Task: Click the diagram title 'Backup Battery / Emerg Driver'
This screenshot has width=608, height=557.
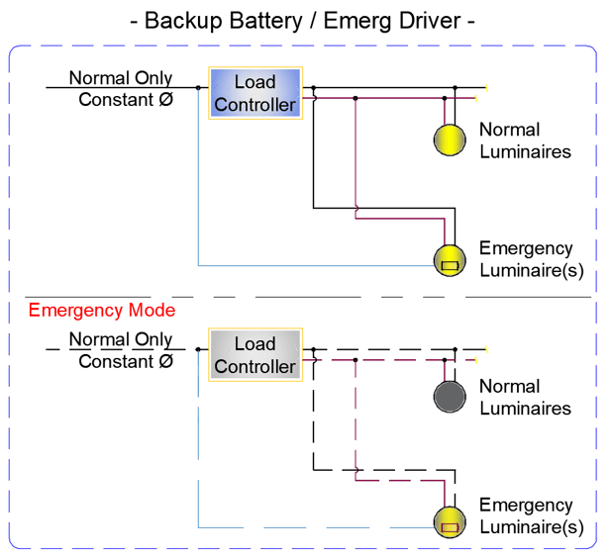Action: tap(303, 20)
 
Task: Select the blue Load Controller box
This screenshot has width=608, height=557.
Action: tap(254, 93)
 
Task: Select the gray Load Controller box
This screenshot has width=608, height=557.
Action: tap(254, 355)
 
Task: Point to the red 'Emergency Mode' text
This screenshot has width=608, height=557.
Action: tap(102, 311)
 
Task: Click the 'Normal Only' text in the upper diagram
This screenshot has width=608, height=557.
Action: tap(120, 78)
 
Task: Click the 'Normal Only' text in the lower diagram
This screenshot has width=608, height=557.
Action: tap(120, 340)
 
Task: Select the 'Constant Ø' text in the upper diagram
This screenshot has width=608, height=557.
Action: tap(126, 99)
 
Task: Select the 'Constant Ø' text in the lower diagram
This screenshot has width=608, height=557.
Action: tap(126, 361)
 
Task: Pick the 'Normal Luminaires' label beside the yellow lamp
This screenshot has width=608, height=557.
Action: tap(525, 140)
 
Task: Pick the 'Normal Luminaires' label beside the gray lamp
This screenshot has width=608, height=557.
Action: tap(525, 398)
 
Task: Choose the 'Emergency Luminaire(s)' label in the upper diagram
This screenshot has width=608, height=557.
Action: tap(530, 259)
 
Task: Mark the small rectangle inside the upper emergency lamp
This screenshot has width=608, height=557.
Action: tap(451, 265)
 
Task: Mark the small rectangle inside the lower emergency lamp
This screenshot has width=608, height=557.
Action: tap(451, 527)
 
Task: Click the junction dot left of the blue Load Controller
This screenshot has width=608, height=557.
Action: tap(198, 87)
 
